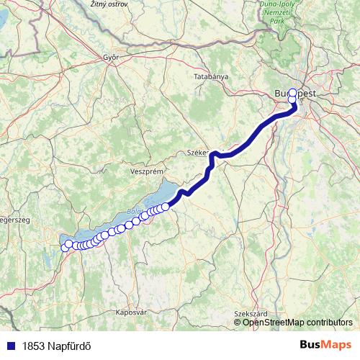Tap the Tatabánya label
211,76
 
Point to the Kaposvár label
131,313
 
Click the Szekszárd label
251,314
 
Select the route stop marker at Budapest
292,102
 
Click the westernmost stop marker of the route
65,248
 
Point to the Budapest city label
296,93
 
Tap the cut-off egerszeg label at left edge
14,220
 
